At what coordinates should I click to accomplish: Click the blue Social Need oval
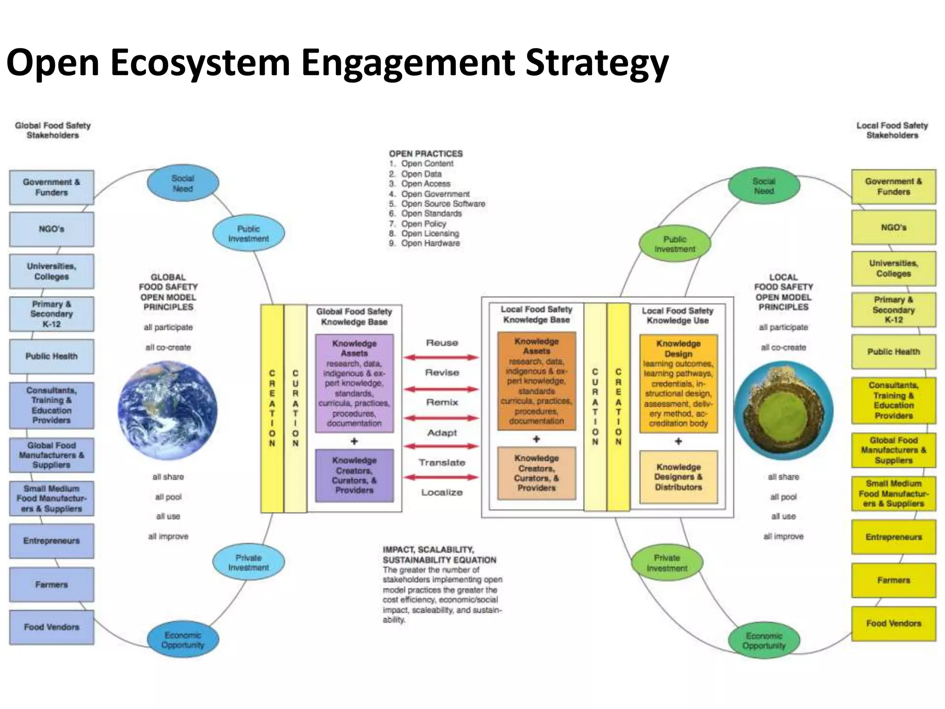[x=183, y=183]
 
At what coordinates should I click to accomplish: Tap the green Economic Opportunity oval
[x=764, y=641]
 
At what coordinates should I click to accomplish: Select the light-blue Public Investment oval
[x=248, y=234]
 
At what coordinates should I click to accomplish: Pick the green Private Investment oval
[x=667, y=563]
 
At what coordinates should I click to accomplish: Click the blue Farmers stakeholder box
[x=52, y=584]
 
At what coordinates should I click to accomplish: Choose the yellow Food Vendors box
[x=893, y=624]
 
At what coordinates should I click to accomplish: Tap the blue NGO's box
[x=52, y=229]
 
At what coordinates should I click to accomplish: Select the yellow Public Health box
[x=893, y=352]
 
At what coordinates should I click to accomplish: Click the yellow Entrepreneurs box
[x=893, y=537]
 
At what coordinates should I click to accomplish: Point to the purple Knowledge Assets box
[x=354, y=383]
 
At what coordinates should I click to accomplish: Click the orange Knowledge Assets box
[x=536, y=381]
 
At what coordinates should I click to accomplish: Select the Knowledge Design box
[x=678, y=383]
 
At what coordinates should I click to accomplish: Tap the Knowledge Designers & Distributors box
[x=678, y=477]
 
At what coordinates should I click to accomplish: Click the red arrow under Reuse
[x=442, y=357]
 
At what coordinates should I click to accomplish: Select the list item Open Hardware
[x=430, y=243]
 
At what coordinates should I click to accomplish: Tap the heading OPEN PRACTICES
[x=425, y=154]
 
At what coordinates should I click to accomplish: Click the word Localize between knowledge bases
[x=442, y=493]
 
